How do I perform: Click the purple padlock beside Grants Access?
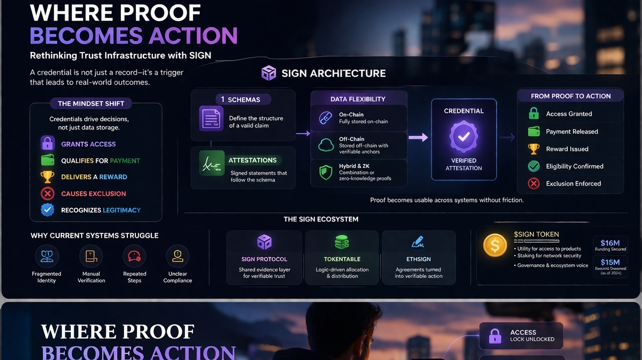(48, 144)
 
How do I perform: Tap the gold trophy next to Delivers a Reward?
(48, 176)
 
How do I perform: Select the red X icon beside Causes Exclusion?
(48, 194)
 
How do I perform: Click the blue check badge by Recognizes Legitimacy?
(48, 210)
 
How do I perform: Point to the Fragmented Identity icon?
(47, 257)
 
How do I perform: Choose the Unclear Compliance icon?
(177, 257)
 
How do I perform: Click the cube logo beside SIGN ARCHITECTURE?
(269, 73)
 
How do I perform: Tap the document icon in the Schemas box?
(211, 118)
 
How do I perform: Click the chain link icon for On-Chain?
(326, 118)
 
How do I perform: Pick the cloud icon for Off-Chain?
(326, 145)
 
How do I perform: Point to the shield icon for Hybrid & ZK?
(326, 172)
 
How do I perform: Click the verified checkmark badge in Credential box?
(464, 136)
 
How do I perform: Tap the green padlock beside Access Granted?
(534, 114)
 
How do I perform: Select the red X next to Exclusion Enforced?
(534, 184)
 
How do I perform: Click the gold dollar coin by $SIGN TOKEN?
(495, 245)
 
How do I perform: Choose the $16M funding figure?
(610, 243)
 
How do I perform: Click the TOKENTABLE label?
(342, 259)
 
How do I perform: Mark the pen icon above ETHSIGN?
(418, 242)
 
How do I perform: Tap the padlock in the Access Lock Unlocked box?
(495, 335)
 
